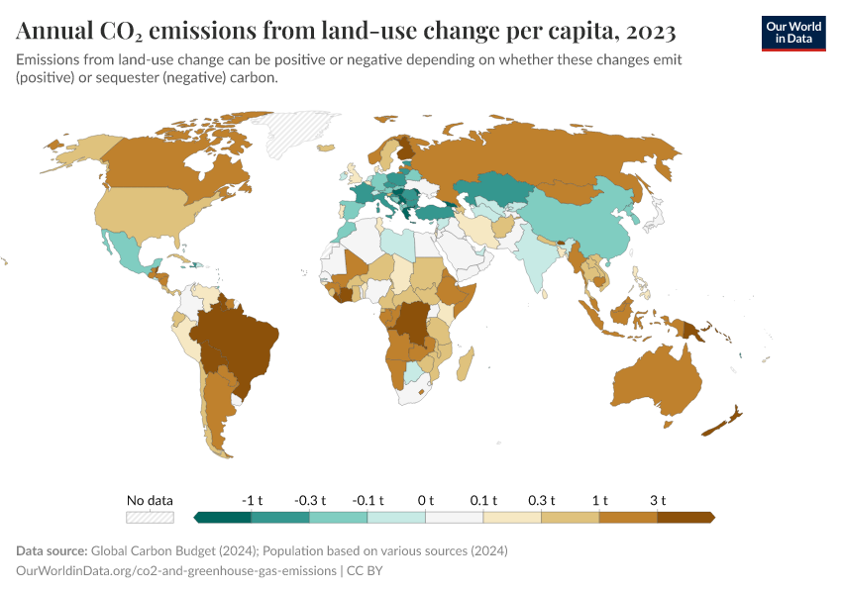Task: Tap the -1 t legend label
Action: click(x=252, y=499)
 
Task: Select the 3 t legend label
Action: click(x=657, y=499)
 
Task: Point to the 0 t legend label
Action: click(x=426, y=499)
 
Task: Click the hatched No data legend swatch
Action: click(x=150, y=517)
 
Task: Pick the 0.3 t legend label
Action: click(x=541, y=499)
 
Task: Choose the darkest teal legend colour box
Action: click(x=223, y=517)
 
